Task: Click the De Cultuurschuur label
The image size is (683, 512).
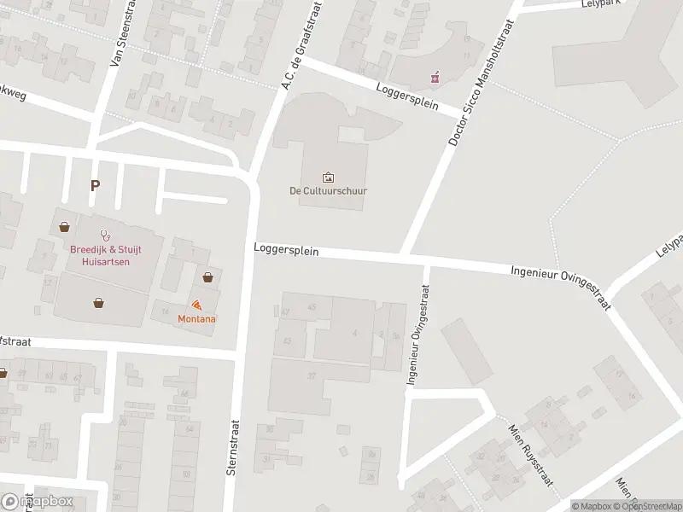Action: coord(328,190)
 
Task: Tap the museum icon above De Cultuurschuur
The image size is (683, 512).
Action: coord(328,177)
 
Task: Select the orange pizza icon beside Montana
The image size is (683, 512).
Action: coord(196,305)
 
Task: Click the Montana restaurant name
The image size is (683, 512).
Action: coord(196,318)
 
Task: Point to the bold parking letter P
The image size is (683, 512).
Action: coord(95,184)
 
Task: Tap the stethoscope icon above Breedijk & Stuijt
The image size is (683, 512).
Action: coord(106,233)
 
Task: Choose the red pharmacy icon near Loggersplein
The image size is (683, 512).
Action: coord(435,78)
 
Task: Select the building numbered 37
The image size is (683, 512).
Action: coord(312,375)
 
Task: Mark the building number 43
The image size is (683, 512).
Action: coord(288,340)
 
